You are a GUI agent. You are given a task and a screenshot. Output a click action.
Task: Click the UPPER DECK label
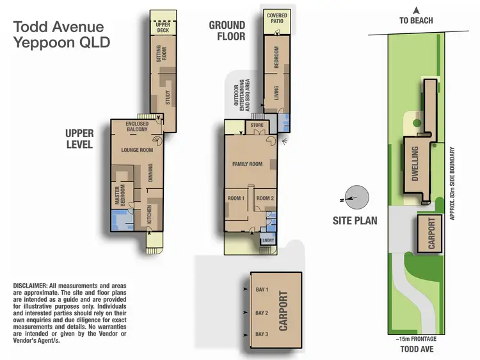click(x=163, y=28)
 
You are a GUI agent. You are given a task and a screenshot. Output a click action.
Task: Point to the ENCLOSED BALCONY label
click(x=137, y=126)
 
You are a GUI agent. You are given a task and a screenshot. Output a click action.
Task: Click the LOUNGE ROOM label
click(x=137, y=150)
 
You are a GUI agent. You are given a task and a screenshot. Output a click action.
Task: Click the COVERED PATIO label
click(x=276, y=19)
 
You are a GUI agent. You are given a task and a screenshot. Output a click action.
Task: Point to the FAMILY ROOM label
click(x=247, y=165)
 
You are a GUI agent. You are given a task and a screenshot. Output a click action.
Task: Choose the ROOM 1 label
click(x=236, y=199)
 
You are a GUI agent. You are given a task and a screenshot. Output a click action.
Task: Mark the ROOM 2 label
click(x=265, y=199)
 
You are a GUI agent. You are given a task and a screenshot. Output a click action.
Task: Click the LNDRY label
click(x=268, y=241)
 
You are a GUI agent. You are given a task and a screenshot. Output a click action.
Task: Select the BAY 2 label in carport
click(x=261, y=313)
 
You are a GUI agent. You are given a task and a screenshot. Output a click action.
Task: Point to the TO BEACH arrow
click(x=416, y=11)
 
